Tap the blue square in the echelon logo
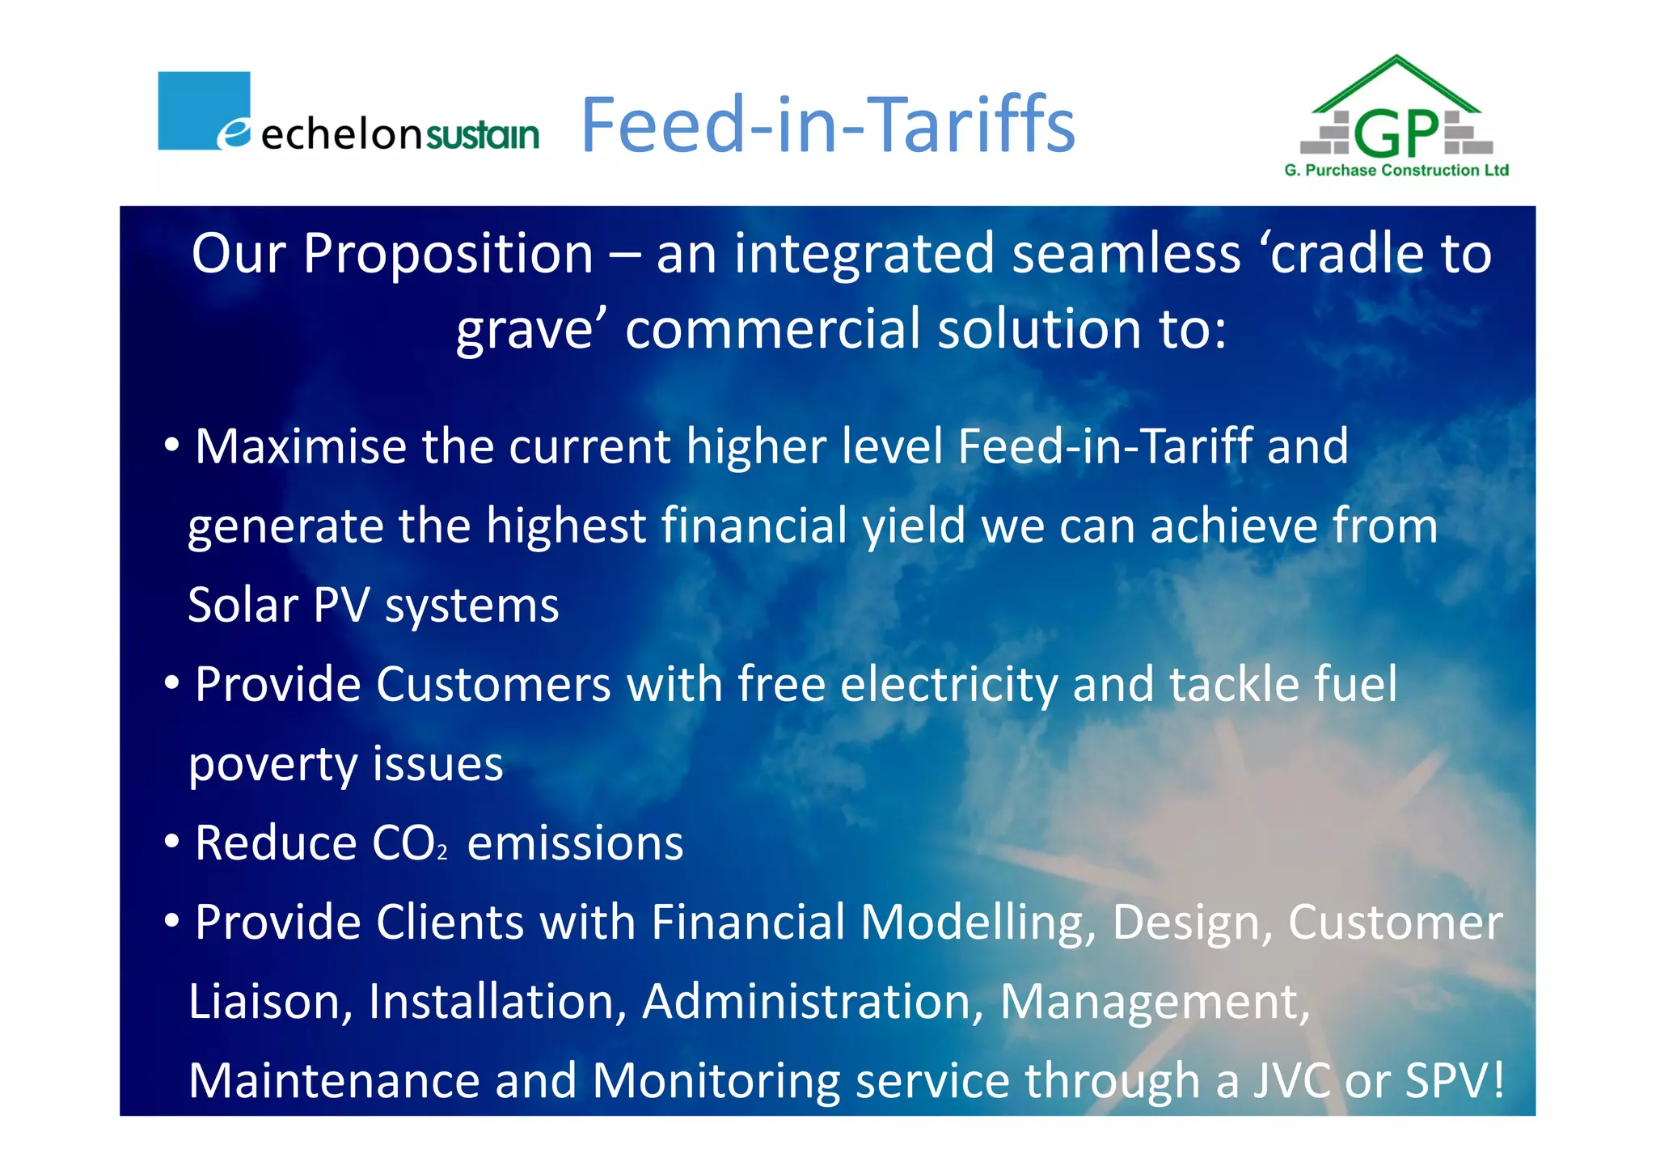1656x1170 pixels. (203, 109)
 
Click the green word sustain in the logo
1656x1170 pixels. (482, 135)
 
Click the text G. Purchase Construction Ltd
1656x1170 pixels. (1396, 171)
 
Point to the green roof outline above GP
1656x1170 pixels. (1396, 77)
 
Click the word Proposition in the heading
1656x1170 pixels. (448, 254)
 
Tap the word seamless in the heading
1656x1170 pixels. (1126, 254)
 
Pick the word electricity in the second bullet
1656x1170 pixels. (948, 684)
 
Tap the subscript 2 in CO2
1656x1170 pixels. (442, 853)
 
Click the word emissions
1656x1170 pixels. (575, 843)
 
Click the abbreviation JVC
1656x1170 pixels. (1291, 1081)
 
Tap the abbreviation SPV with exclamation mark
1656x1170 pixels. (1455, 1081)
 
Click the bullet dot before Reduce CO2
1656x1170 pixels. (171, 842)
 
